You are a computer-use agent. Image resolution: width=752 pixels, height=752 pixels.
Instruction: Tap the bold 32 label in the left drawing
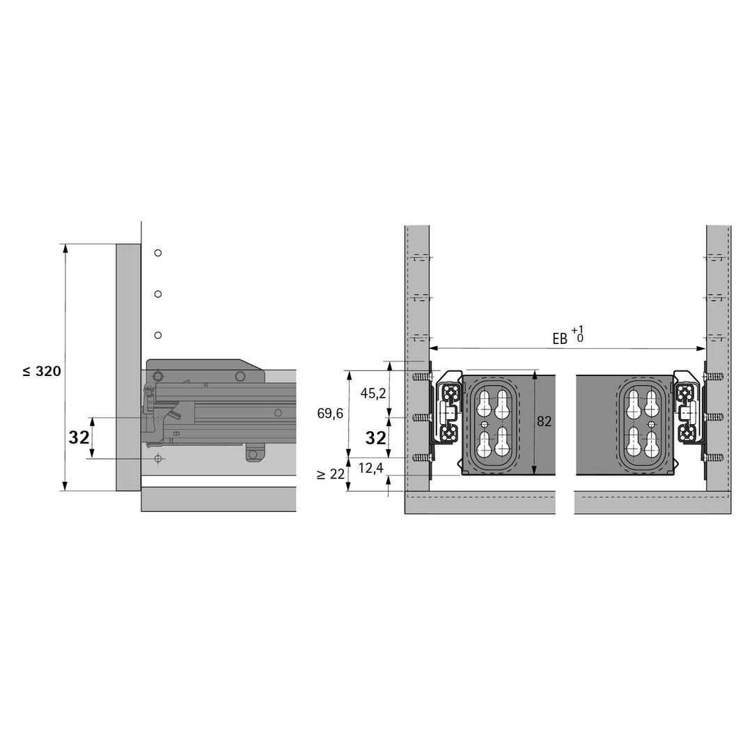click(79, 437)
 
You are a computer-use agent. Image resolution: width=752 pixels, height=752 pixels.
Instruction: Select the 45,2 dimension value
click(373, 393)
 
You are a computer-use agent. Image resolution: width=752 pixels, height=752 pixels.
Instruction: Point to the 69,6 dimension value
click(330, 413)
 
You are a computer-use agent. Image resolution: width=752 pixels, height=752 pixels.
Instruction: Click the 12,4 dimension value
click(370, 468)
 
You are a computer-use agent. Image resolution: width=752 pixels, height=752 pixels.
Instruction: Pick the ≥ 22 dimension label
click(331, 474)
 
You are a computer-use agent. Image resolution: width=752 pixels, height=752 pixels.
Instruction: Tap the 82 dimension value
click(544, 421)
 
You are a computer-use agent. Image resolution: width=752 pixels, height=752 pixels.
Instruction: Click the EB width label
click(568, 335)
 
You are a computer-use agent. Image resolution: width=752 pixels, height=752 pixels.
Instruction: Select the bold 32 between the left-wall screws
click(375, 437)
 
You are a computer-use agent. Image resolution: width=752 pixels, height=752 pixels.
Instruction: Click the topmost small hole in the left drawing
click(158, 253)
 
